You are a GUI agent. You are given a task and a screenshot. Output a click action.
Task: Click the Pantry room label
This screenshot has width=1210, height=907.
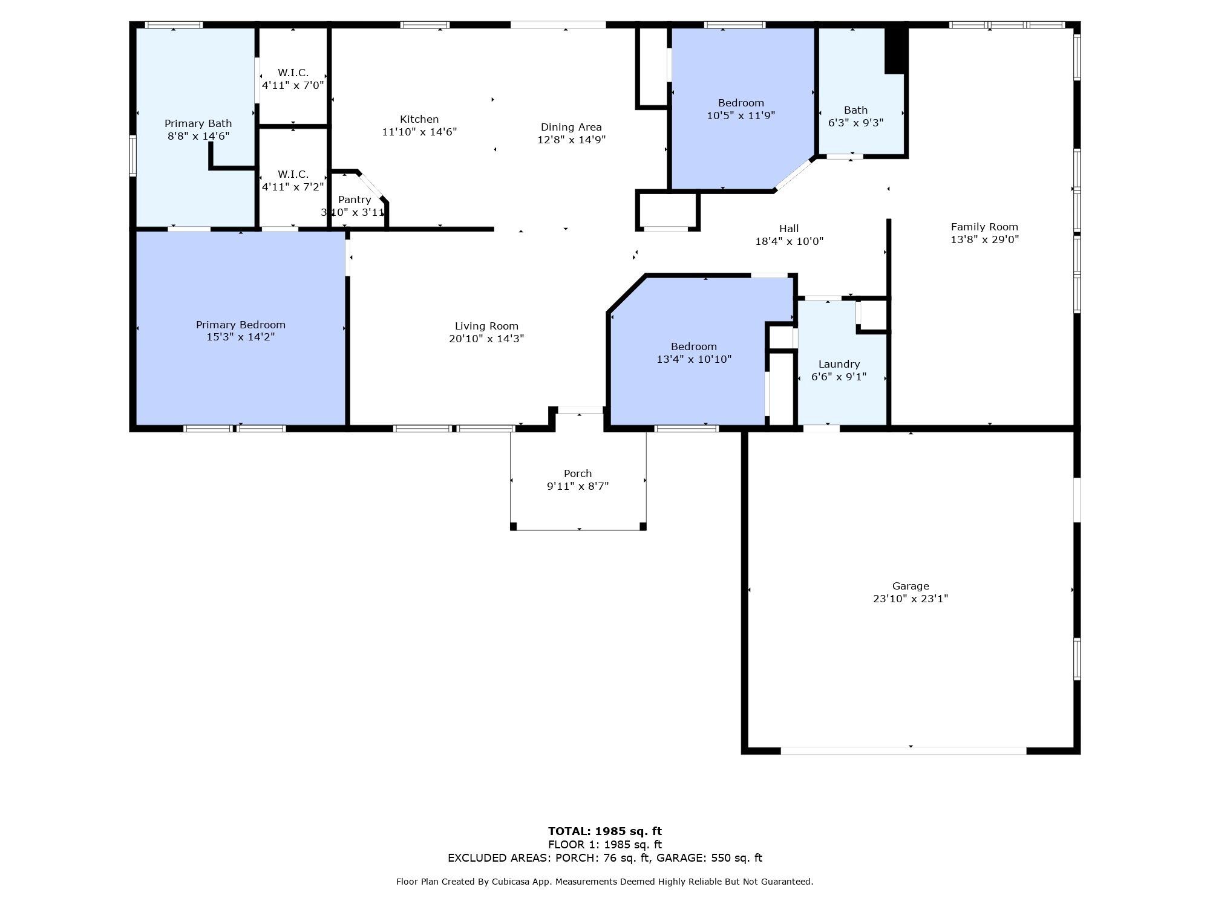tap(355, 200)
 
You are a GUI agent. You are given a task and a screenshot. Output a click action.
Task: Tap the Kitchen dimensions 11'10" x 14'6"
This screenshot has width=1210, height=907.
tap(419, 132)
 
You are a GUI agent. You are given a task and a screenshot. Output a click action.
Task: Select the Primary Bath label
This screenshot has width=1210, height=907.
tap(198, 123)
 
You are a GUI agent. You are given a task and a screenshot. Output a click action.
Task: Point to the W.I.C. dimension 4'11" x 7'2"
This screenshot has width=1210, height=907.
tap(293, 187)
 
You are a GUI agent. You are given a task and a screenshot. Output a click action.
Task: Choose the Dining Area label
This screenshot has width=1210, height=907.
tap(571, 127)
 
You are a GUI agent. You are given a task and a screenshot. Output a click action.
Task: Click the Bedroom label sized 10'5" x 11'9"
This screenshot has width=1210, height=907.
tap(741, 103)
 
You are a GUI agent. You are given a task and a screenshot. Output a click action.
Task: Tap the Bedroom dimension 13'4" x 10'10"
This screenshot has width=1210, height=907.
tap(694, 359)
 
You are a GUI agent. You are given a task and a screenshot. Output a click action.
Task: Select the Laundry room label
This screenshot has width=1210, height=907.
tap(839, 364)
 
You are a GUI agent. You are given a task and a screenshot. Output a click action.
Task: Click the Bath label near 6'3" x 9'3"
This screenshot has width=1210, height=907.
tap(855, 110)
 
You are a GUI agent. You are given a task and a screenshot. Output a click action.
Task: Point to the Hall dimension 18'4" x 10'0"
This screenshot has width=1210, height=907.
tap(789, 241)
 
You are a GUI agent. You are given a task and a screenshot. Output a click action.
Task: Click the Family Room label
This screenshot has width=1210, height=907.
tap(984, 227)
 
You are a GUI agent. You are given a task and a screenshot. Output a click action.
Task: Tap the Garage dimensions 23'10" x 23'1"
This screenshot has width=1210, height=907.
tap(910, 599)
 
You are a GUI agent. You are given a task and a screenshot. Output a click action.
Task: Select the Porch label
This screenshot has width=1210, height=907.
tap(577, 473)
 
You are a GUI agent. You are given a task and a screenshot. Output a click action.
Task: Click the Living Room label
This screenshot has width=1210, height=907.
tap(486, 326)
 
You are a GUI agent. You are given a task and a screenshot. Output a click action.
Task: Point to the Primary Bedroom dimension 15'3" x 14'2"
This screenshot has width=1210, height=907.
tap(240, 337)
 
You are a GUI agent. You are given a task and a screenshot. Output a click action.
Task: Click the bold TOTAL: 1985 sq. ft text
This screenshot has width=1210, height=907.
tap(604, 831)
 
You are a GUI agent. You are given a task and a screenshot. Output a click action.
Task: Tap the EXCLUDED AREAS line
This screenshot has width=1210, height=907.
tap(604, 857)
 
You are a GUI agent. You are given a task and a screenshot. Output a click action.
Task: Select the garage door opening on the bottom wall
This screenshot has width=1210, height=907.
tap(903, 751)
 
